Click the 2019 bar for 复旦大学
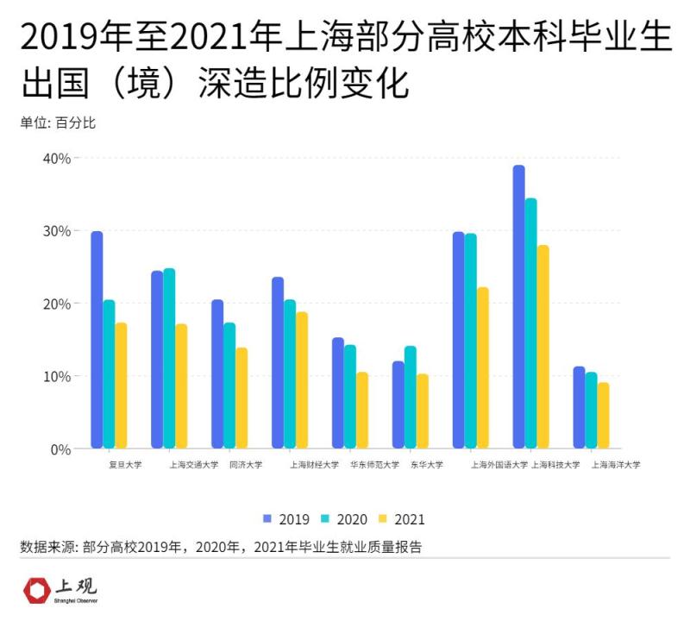[97, 340]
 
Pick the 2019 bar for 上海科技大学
[519, 306]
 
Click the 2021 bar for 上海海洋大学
[604, 415]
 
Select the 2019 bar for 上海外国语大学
[459, 340]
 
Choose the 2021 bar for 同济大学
[241, 398]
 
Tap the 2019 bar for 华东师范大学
[338, 392]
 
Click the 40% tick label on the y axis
[56, 158]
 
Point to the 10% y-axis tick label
[56, 376]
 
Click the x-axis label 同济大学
[246, 464]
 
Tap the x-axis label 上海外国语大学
[499, 464]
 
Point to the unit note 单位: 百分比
[58, 123]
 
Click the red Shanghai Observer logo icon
[36, 591]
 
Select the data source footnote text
[221, 547]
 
